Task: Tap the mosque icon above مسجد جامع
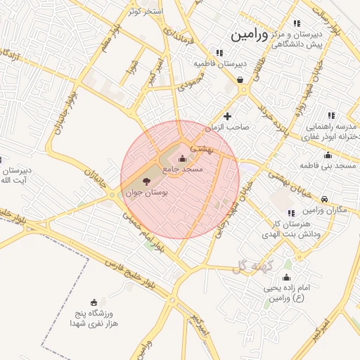tap(184, 159)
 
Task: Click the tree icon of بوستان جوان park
tap(146, 181)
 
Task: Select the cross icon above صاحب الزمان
tap(227, 116)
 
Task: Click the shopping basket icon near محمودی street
tap(241, 80)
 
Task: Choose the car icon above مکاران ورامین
tap(324, 200)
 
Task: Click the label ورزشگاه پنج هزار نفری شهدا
tap(94, 319)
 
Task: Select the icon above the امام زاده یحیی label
tap(287, 276)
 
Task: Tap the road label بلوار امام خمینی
tap(150, 236)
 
